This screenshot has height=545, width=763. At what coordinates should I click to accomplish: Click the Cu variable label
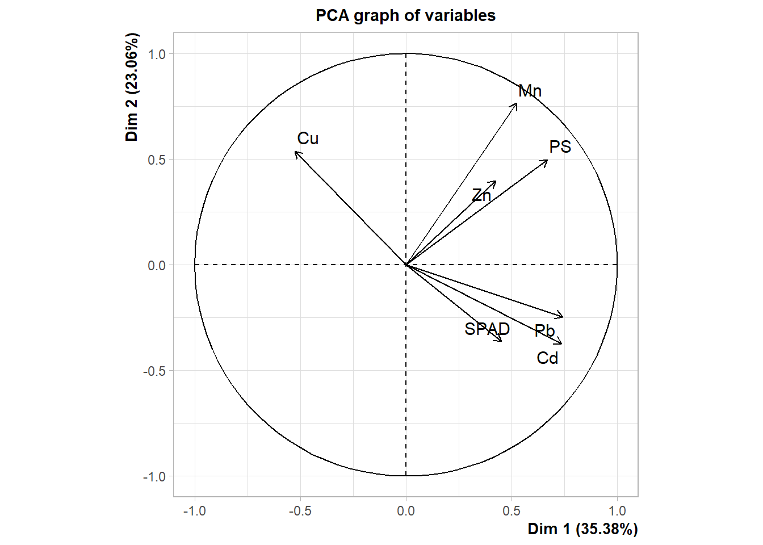[308, 139]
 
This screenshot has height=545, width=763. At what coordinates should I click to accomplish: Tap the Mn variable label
[530, 91]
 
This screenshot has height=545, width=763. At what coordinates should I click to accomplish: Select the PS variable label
[560, 147]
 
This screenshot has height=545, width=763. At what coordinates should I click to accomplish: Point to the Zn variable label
[481, 195]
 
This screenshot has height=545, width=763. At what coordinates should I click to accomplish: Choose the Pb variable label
[545, 330]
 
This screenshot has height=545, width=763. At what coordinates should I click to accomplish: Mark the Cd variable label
[548, 358]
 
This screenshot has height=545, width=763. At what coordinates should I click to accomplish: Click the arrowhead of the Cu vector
[296, 152]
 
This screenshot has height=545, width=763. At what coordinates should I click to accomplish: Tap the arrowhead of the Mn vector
[517, 103]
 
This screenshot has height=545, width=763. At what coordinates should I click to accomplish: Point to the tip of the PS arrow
[547, 160]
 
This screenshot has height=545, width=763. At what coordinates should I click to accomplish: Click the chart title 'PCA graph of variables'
[405, 15]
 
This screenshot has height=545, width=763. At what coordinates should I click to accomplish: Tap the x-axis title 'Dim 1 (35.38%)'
[582, 529]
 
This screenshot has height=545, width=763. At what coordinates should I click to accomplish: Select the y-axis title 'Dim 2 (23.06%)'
[132, 87]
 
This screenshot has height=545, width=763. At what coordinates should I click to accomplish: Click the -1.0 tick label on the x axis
[194, 511]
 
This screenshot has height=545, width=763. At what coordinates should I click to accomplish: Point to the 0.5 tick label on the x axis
[512, 511]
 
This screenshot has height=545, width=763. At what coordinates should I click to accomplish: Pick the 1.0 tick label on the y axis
[157, 54]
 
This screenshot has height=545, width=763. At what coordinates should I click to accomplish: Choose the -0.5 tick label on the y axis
[154, 371]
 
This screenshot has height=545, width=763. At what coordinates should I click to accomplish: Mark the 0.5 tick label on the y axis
[157, 160]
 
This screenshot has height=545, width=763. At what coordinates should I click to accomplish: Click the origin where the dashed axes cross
[406, 265]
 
